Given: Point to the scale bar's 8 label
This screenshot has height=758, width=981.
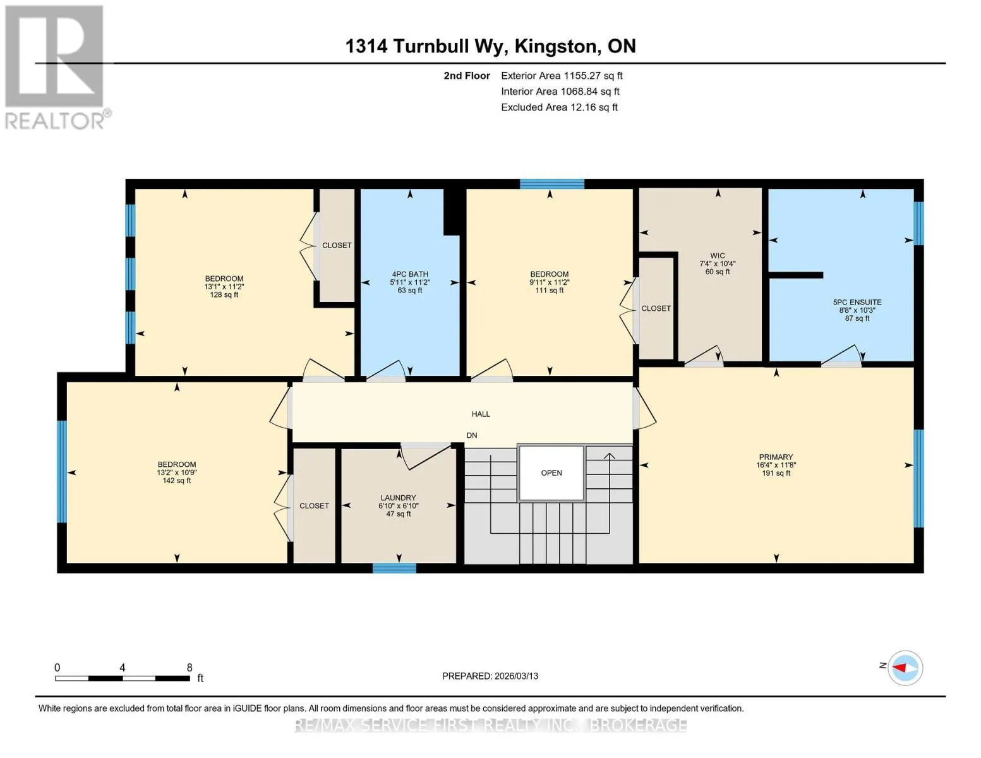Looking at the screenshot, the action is (189, 667).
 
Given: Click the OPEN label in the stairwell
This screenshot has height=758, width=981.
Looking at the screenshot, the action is (551, 472).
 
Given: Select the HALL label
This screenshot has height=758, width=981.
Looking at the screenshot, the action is (481, 414).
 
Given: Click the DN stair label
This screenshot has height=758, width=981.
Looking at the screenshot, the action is (472, 435).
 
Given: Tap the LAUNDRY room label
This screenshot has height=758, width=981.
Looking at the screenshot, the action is (398, 498).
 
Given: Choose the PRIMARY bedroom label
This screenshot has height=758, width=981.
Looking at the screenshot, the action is (776, 457).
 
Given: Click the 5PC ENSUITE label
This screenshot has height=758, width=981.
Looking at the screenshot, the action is (857, 303).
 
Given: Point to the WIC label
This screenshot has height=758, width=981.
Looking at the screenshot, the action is (718, 256).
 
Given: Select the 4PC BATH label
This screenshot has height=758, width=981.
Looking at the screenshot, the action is (410, 274).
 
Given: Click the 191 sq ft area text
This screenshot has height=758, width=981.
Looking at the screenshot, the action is (776, 473).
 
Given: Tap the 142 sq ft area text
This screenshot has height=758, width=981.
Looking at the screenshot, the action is (176, 481).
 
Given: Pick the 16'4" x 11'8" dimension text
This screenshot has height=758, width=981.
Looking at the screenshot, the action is (776, 465).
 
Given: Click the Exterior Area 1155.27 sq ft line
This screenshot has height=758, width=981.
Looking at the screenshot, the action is (562, 76).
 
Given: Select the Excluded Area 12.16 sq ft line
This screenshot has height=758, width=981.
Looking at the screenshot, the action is (559, 107).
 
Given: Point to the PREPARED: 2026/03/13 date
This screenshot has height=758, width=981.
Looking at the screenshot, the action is (490, 677).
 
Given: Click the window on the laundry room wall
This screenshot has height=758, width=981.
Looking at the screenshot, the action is (394, 568).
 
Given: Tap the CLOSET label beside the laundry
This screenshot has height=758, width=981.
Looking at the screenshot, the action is (314, 506).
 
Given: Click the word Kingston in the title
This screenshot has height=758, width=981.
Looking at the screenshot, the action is (558, 47).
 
